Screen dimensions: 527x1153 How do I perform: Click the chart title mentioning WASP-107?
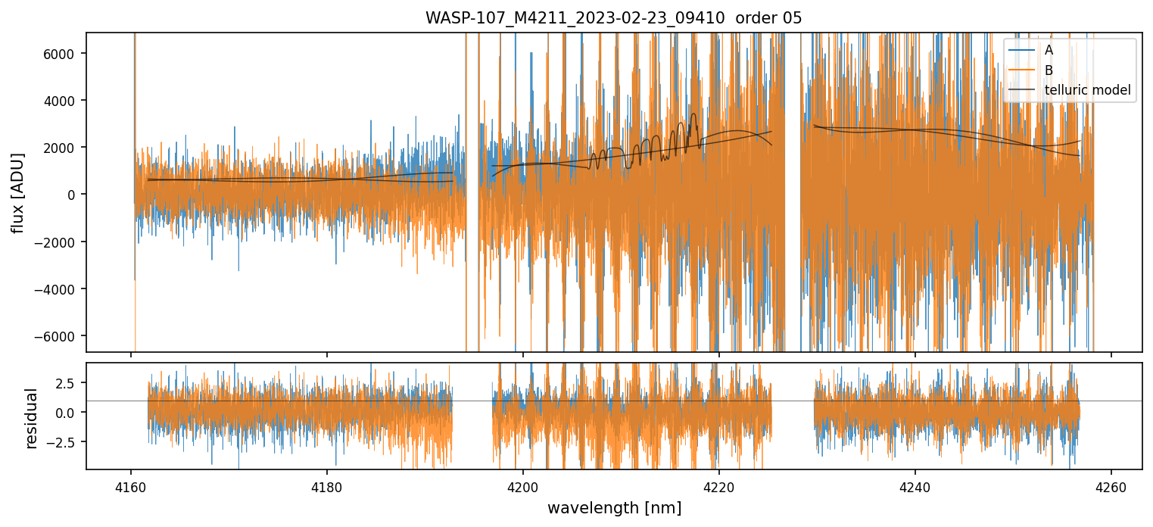tap(614, 17)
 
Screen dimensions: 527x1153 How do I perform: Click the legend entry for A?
tap(1049, 50)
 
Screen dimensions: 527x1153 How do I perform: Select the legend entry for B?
tap(1049, 70)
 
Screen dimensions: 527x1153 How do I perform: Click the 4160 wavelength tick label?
tap(131, 485)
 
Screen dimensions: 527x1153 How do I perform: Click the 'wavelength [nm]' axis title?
tap(614, 508)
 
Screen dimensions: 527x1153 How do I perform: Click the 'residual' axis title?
tap(32, 418)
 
